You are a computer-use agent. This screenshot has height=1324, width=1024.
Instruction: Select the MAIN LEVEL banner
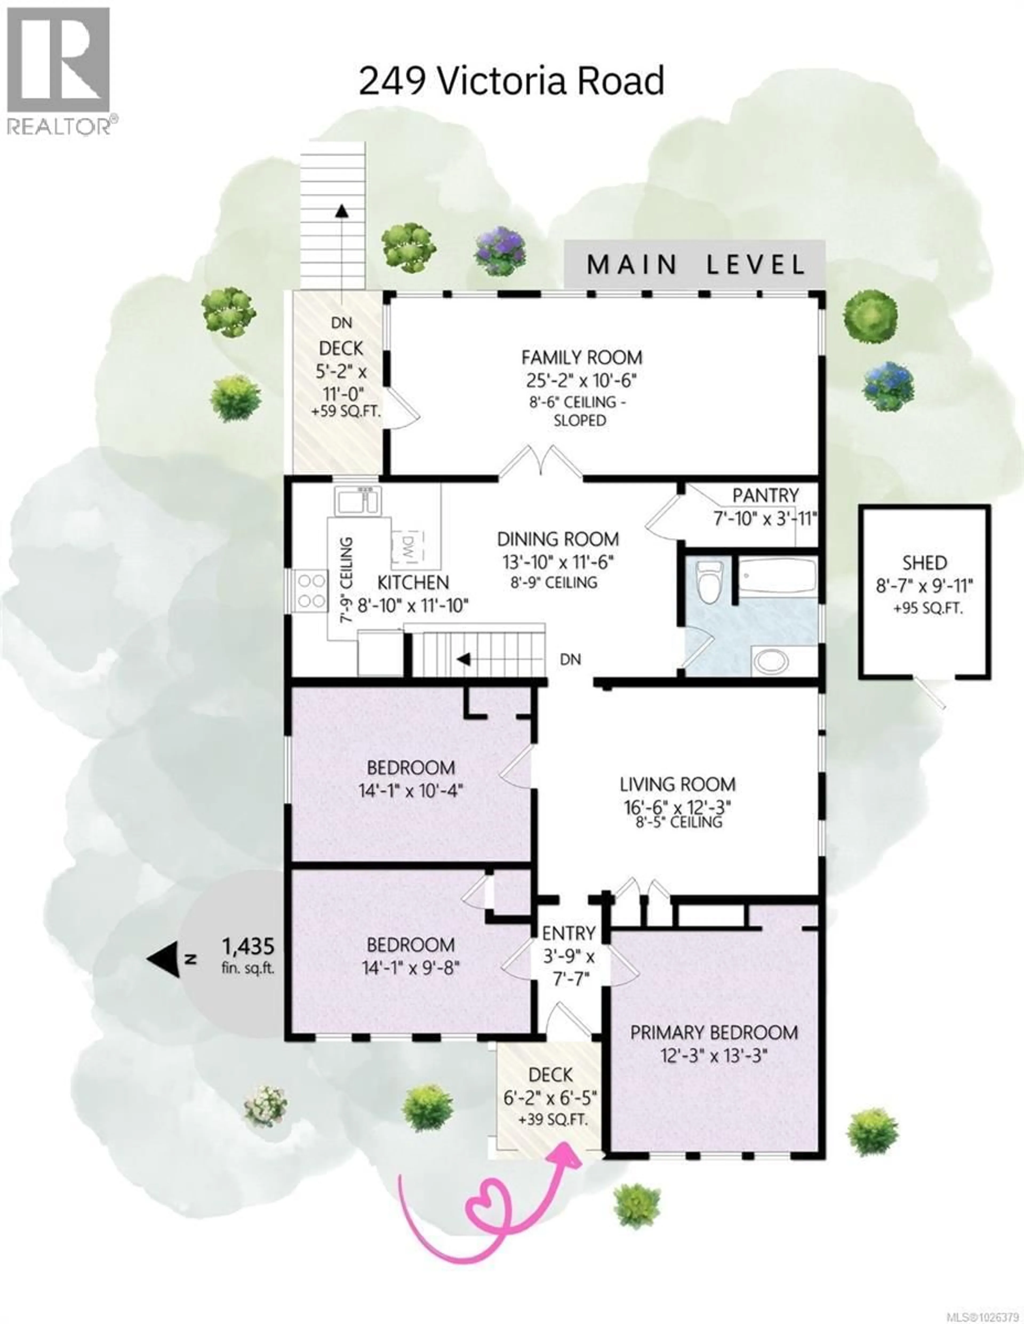695,265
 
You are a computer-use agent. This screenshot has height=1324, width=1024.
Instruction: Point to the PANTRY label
765,495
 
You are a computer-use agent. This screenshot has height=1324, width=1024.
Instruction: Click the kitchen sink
358,501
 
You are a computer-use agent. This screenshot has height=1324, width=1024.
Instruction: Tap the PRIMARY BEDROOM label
714,1032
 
